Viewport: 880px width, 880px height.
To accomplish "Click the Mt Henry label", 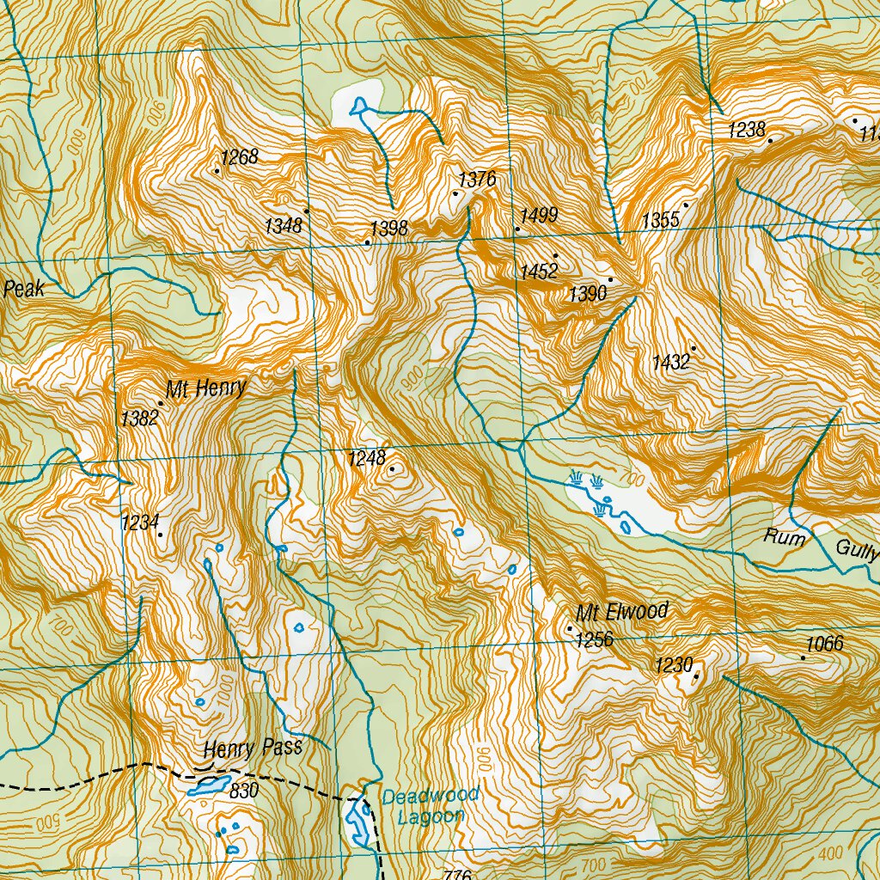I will click(x=206, y=389).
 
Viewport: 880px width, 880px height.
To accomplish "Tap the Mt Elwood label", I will click(x=622, y=613).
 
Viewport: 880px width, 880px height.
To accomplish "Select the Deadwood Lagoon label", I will click(x=430, y=806).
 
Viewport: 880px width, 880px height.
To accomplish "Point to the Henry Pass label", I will click(x=254, y=749).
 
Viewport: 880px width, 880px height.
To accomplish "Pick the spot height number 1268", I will click(x=239, y=157).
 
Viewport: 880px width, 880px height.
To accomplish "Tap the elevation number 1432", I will click(x=671, y=362).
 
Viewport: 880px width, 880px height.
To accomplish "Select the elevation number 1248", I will click(x=367, y=458).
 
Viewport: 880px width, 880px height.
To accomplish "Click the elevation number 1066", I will click(x=824, y=644).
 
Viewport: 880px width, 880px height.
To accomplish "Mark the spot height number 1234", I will click(x=141, y=522).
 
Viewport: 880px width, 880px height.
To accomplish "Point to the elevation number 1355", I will click(x=660, y=221).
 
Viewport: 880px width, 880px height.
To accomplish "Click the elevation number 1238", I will click(x=746, y=130).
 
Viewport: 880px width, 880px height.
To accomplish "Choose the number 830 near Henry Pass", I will click(x=244, y=791).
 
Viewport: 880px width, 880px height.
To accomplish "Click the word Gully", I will click(x=857, y=551).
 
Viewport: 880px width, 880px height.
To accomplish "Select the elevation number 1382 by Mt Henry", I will click(x=139, y=419).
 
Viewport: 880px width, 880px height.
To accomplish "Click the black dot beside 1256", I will click(x=569, y=629).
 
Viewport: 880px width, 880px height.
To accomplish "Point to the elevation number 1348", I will click(x=284, y=226).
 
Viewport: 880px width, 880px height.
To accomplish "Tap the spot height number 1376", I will click(x=478, y=180).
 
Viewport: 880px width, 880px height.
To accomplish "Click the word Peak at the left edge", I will click(x=23, y=290).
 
